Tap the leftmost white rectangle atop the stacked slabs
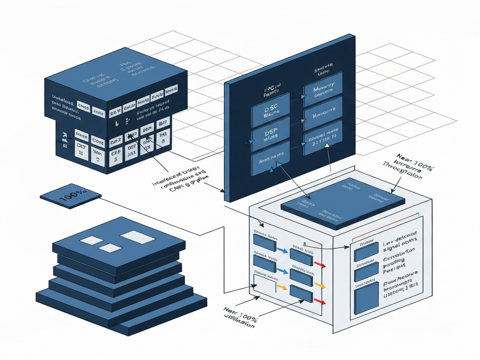click(91, 241)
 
